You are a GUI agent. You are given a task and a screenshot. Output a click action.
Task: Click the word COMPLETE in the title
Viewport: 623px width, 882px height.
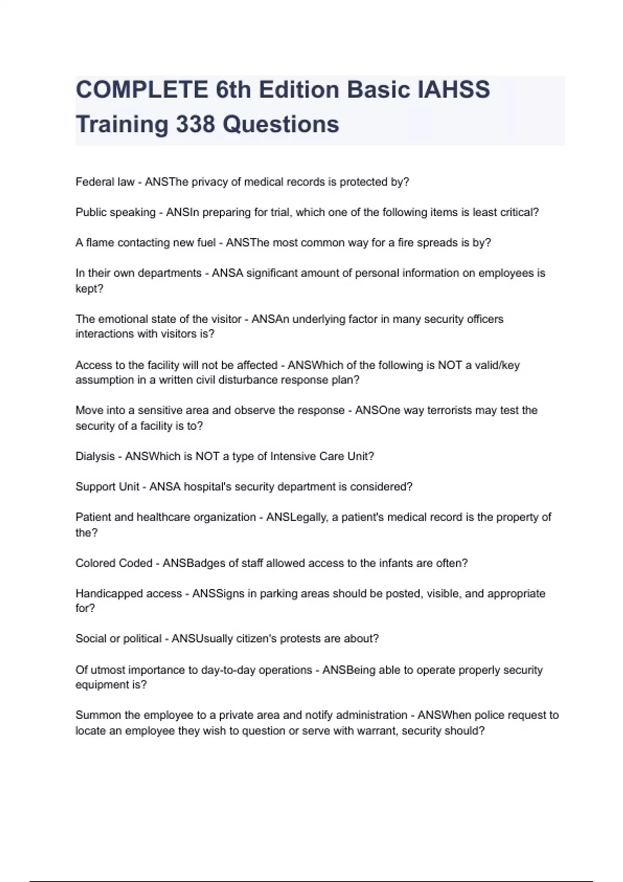click(142, 90)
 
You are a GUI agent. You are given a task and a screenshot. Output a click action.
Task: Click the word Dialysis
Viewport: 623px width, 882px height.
click(95, 457)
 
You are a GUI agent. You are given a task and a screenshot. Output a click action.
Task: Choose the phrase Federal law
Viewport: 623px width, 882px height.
click(105, 182)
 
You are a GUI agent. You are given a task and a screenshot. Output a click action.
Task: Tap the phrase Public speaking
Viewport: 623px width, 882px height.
click(115, 212)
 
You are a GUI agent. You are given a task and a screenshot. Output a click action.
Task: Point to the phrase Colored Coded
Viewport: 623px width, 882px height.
click(114, 563)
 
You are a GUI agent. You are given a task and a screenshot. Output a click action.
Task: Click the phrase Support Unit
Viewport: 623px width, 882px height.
click(107, 487)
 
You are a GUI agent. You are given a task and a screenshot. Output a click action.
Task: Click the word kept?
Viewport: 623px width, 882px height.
click(89, 288)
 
